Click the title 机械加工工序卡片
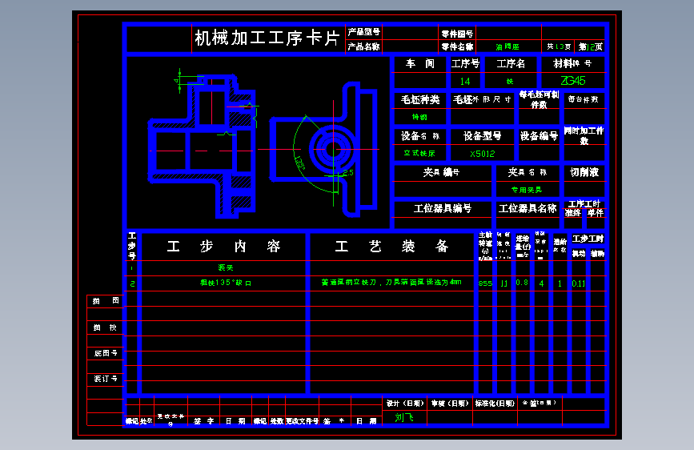coord(267,38)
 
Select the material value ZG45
coord(573,81)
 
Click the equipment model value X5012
coord(483,153)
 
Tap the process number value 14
coord(465,81)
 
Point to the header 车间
coord(420,63)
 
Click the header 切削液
coord(584,172)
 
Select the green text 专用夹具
coord(527,190)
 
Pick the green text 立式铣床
coord(419,153)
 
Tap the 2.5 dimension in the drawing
coord(348,172)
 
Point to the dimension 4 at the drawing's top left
coord(177,79)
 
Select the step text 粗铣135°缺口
coord(226,283)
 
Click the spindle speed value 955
coord(485,283)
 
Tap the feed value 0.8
coord(522,283)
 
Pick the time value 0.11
coord(579,283)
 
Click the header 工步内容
coord(224,247)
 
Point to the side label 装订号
coord(106,378)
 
